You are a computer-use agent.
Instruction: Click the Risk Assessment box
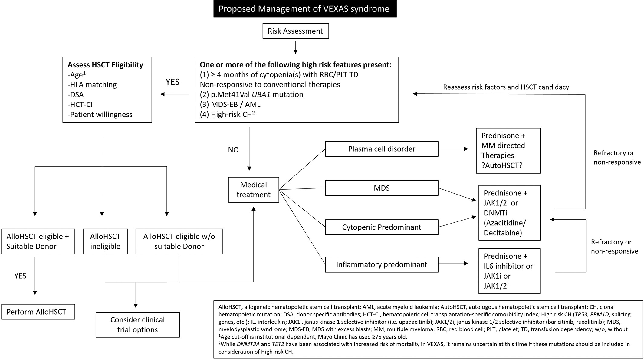pyautogui.click(x=295, y=31)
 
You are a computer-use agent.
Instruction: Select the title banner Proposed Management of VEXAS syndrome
pyautogui.click(x=305, y=9)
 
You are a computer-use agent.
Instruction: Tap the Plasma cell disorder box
pyautogui.click(x=381, y=149)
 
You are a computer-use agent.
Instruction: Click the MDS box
pyautogui.click(x=381, y=188)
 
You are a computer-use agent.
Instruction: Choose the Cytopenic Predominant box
pyautogui.click(x=381, y=227)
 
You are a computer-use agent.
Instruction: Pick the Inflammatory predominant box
pyautogui.click(x=381, y=265)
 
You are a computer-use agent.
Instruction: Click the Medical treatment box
pyautogui.click(x=253, y=190)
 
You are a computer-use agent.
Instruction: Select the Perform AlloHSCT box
pyautogui.click(x=38, y=312)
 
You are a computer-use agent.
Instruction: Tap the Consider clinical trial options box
pyautogui.click(x=137, y=325)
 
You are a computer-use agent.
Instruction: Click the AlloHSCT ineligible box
pyautogui.click(x=105, y=241)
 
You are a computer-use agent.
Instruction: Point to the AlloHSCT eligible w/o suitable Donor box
pyautogui.click(x=179, y=241)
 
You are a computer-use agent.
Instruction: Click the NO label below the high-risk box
pyautogui.click(x=233, y=150)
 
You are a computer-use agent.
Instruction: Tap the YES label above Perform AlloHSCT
pyautogui.click(x=20, y=276)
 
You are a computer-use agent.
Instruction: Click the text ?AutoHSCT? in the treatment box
pyautogui.click(x=502, y=165)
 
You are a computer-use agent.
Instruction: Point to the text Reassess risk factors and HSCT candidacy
pyautogui.click(x=506, y=87)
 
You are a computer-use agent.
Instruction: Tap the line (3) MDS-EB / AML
pyautogui.click(x=230, y=104)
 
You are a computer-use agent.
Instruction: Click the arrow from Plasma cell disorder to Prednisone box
pyautogui.click(x=453, y=149)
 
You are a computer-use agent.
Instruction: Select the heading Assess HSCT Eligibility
pyautogui.click(x=105, y=65)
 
